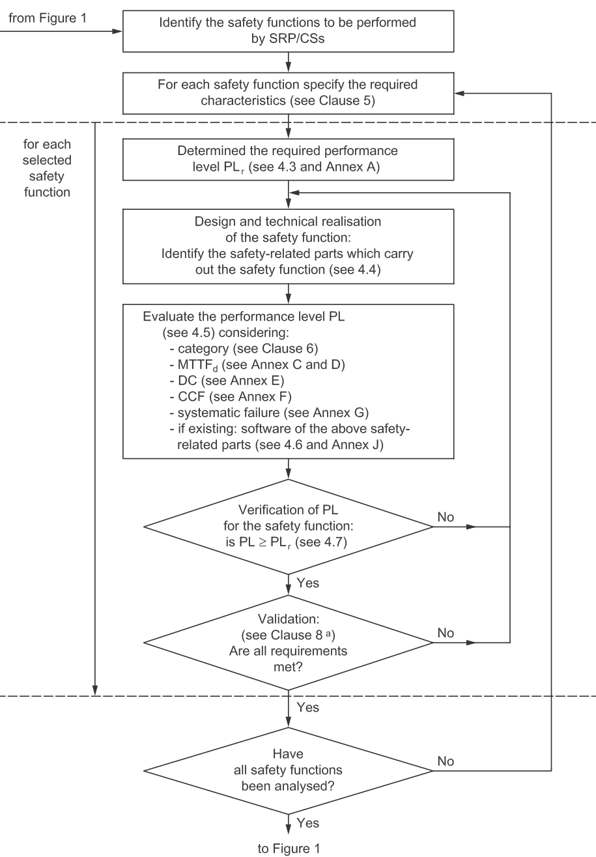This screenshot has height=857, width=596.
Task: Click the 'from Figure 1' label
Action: click(x=48, y=18)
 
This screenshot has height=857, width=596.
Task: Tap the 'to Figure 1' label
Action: click(x=289, y=848)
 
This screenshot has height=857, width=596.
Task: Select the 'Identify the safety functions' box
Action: click(x=289, y=31)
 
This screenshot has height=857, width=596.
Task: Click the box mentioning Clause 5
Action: click(x=289, y=93)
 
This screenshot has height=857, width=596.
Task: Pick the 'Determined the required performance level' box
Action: click(x=289, y=159)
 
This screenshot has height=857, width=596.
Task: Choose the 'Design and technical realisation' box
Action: click(x=289, y=246)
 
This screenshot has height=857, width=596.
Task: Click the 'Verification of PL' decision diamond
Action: click(x=289, y=527)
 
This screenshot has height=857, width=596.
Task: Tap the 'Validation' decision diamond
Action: click(x=289, y=643)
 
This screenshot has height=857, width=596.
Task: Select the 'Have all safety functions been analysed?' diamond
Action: click(x=289, y=770)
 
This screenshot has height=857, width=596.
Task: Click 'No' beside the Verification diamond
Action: click(x=446, y=517)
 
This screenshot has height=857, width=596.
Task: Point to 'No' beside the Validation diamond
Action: click(x=446, y=633)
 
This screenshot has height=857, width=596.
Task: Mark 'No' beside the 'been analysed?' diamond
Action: click(x=446, y=761)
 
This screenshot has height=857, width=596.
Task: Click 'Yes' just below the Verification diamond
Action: click(x=307, y=583)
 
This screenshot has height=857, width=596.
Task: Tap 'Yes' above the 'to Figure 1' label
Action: click(x=307, y=822)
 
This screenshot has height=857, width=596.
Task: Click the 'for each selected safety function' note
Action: click(x=47, y=168)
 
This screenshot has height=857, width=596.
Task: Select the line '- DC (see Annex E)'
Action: click(x=227, y=381)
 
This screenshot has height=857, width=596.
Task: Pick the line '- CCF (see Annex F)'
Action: click(x=231, y=396)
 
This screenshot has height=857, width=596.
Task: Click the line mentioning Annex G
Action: click(x=269, y=413)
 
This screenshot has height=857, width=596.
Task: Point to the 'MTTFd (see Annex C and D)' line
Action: click(x=257, y=364)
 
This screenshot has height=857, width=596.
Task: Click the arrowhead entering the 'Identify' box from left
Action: click(x=117, y=31)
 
